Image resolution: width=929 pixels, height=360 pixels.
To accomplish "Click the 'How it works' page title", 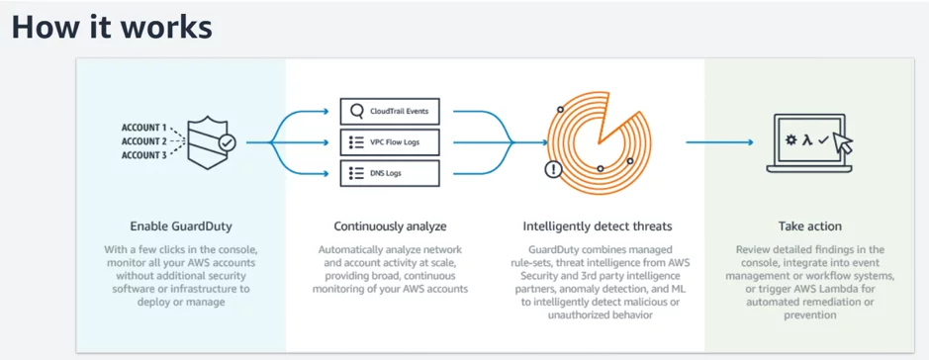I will pos(112,27).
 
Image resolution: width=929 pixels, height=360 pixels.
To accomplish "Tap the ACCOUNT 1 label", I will pos(143,128).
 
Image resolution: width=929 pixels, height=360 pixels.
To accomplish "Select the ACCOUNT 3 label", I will pos(143,154).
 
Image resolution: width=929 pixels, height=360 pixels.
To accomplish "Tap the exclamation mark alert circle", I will pos(553,169).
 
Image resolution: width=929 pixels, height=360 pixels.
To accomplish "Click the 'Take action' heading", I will pos(808,225).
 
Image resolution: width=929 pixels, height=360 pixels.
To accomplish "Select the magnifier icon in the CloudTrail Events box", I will pos(356,111).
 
